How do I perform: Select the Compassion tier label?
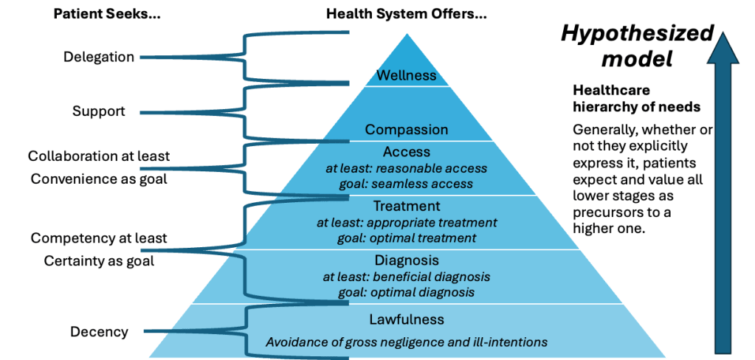407,130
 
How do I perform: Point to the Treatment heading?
407,207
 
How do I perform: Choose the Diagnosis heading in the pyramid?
407,260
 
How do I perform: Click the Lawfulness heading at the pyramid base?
407,319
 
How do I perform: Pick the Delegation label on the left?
99,57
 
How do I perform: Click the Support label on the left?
99,112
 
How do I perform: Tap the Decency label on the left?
99,332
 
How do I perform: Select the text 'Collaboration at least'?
99,156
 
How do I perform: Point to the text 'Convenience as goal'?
99,179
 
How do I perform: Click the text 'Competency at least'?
99,238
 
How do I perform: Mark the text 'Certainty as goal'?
99,260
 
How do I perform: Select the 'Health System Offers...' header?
407,14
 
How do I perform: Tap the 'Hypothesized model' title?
636,46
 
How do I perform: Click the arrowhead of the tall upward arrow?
726,46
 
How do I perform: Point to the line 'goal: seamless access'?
407,184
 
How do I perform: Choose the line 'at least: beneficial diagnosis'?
407,277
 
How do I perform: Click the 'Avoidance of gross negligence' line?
407,342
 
